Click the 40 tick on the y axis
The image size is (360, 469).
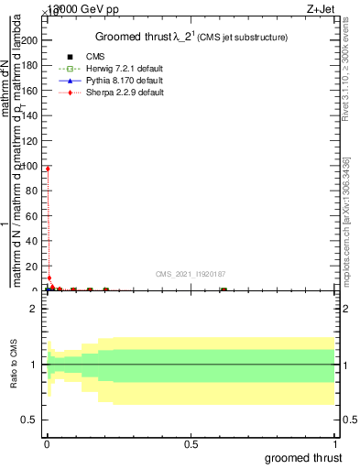coord(32,241)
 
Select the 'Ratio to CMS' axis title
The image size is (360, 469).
coord(14,365)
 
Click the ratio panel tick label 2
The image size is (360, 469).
coord(33,309)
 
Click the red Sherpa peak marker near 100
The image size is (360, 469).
coord(48,169)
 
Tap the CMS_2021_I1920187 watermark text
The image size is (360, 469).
coord(191,274)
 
